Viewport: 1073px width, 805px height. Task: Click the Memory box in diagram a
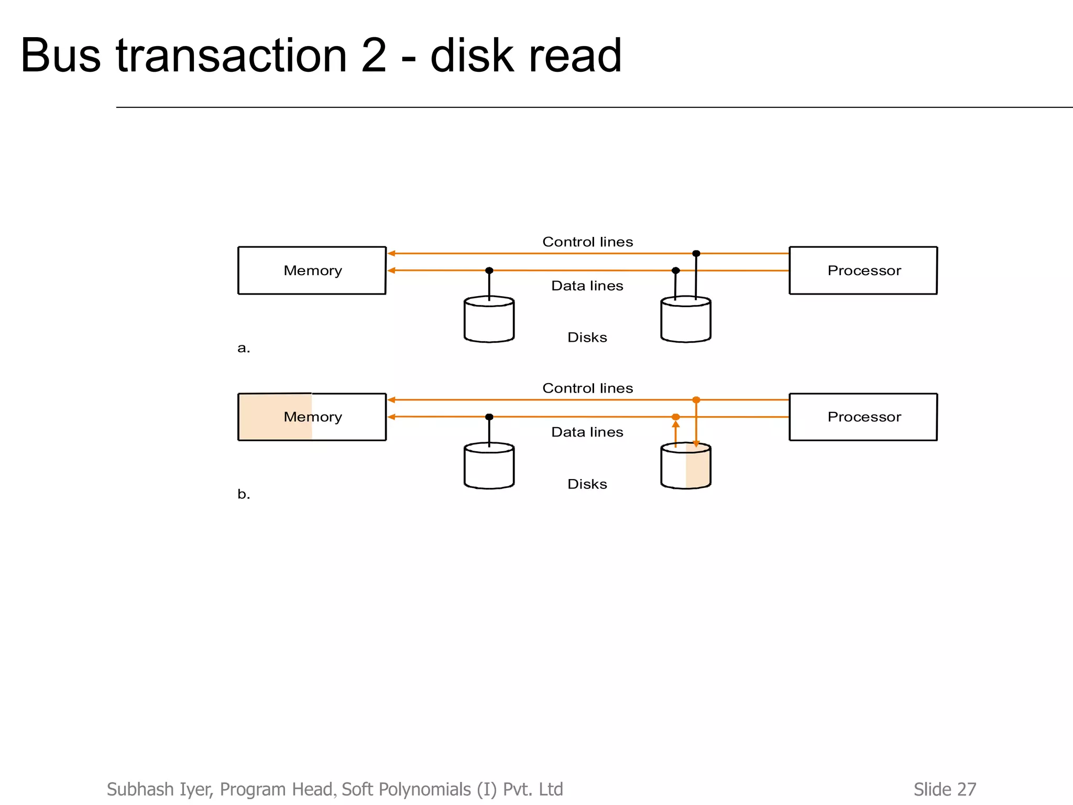312,270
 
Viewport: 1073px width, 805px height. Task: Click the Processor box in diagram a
863,270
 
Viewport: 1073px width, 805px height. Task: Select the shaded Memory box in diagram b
312,417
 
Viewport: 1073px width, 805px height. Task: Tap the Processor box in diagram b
863,417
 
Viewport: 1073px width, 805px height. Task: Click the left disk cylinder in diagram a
489,320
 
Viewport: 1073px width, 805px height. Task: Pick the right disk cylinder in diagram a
685,320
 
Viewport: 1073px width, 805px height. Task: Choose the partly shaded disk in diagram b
685,466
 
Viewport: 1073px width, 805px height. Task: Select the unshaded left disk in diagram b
489,466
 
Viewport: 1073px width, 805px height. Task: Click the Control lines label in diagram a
587,242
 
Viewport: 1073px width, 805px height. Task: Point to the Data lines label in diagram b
587,432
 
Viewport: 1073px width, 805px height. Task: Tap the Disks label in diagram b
587,484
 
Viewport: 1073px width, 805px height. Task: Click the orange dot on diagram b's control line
696,400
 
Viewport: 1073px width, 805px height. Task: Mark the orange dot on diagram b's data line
675,417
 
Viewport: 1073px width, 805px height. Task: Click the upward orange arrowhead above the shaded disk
675,425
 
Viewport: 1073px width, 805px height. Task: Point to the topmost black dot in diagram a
696,254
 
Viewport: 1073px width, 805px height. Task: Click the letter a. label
244,348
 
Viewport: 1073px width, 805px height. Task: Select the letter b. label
244,494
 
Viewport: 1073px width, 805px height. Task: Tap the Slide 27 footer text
945,789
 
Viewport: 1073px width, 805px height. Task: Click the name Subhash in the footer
140,789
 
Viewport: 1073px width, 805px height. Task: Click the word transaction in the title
231,56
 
